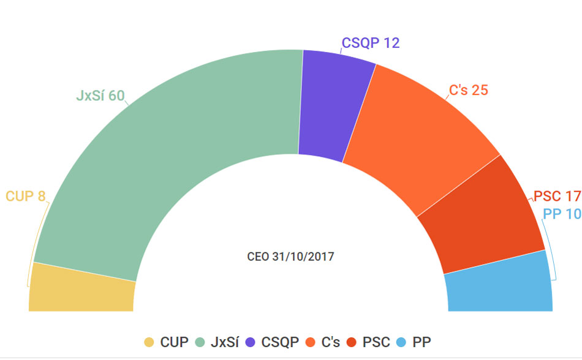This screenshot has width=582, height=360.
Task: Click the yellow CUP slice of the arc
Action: click(x=81, y=289)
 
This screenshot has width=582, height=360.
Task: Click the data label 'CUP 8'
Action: click(x=25, y=197)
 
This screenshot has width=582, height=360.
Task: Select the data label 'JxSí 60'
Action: click(x=100, y=96)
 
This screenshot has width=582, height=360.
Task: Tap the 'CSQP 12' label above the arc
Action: click(x=371, y=43)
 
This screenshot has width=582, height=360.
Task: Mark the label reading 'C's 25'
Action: click(x=469, y=90)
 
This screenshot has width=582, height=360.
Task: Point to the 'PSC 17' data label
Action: click(x=556, y=197)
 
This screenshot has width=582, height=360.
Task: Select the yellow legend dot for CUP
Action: click(x=149, y=342)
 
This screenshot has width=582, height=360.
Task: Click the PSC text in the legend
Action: click(x=376, y=342)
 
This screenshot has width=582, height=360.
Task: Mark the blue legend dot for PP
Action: click(x=401, y=342)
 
